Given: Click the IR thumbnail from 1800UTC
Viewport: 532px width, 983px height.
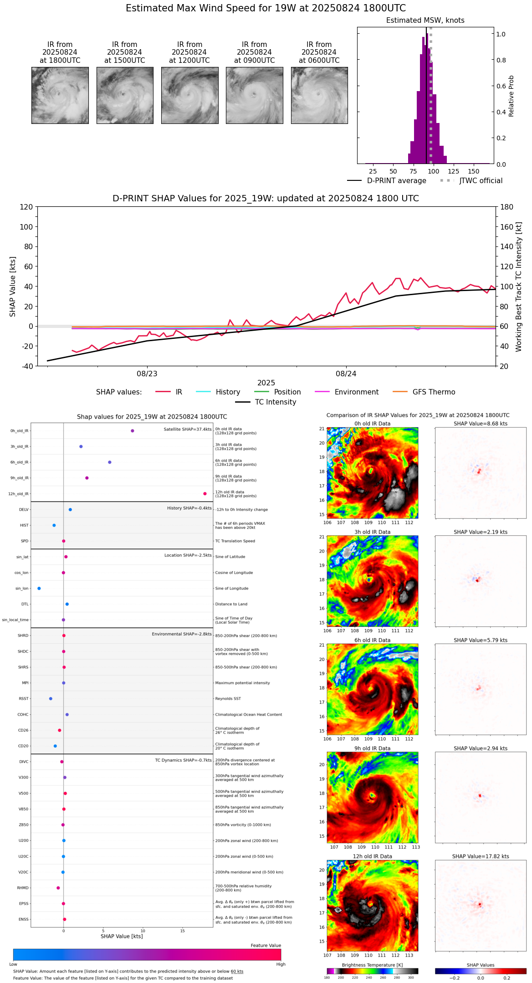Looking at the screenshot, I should [x=60, y=95].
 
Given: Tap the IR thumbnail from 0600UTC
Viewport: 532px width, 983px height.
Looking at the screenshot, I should [x=319, y=95].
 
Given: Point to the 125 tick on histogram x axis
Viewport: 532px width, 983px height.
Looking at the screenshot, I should [x=453, y=171].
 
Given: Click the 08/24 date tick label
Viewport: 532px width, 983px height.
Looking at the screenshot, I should [x=346, y=374].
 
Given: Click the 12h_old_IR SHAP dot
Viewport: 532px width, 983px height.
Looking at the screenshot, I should [x=205, y=494].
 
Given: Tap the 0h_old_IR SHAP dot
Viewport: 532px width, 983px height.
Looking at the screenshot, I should [x=133, y=430].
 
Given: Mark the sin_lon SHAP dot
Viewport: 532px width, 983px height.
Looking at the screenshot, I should [x=39, y=589].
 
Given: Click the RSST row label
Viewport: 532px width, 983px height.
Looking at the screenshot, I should [x=24, y=699].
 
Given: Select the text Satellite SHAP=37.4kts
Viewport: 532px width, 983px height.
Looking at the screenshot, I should [x=188, y=430].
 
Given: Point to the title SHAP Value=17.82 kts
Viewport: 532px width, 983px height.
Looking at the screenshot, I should [x=481, y=856].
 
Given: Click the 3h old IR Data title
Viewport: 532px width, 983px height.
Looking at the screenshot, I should [x=372, y=532].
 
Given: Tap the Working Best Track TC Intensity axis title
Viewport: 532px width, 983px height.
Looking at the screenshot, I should [x=519, y=287].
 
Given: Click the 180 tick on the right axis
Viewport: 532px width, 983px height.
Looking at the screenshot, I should [x=507, y=207].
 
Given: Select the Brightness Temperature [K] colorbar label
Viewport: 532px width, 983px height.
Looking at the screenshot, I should [x=372, y=965].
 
